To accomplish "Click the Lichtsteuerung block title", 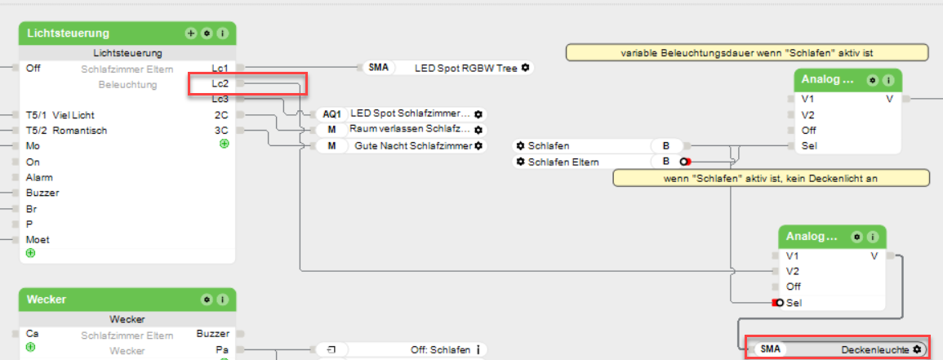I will pyautogui.click(x=68, y=33).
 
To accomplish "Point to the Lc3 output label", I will pyautogui.click(x=220, y=99).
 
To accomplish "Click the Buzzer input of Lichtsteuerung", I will pyautogui.click(x=42, y=193).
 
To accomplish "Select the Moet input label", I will pyautogui.click(x=38, y=240).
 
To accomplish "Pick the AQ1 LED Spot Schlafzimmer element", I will pyautogui.click(x=400, y=114).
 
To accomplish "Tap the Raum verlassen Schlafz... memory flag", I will pyautogui.click(x=400, y=130).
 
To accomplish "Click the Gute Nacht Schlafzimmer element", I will pyautogui.click(x=400, y=146).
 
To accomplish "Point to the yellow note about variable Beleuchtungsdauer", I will pyautogui.click(x=747, y=53).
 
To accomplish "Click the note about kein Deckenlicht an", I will pyautogui.click(x=771, y=178).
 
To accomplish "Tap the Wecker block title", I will pyautogui.click(x=47, y=300).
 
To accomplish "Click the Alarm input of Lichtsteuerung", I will pyautogui.click(x=34, y=177).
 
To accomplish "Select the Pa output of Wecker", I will pyautogui.click(x=222, y=349).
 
